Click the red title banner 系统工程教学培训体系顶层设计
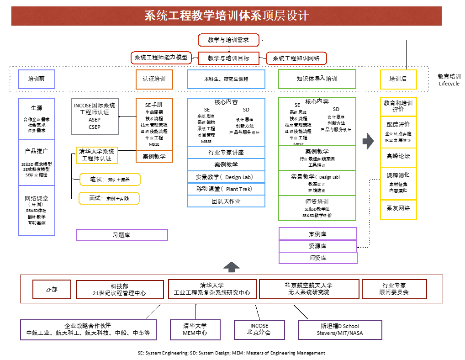227,16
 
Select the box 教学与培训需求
228,40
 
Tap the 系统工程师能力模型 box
161,58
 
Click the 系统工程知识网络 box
296,58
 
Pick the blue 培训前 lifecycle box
37,79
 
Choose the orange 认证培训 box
154,79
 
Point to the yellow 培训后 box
398,79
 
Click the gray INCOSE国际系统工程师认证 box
95,116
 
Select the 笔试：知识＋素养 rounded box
110,180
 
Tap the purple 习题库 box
122,235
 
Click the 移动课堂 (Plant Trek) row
226,189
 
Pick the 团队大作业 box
226,201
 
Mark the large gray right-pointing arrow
368,141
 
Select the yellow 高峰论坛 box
398,156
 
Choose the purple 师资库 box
318,258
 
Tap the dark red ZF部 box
52,290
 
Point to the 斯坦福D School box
340,329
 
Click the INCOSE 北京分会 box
259,329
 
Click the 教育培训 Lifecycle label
449,80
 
